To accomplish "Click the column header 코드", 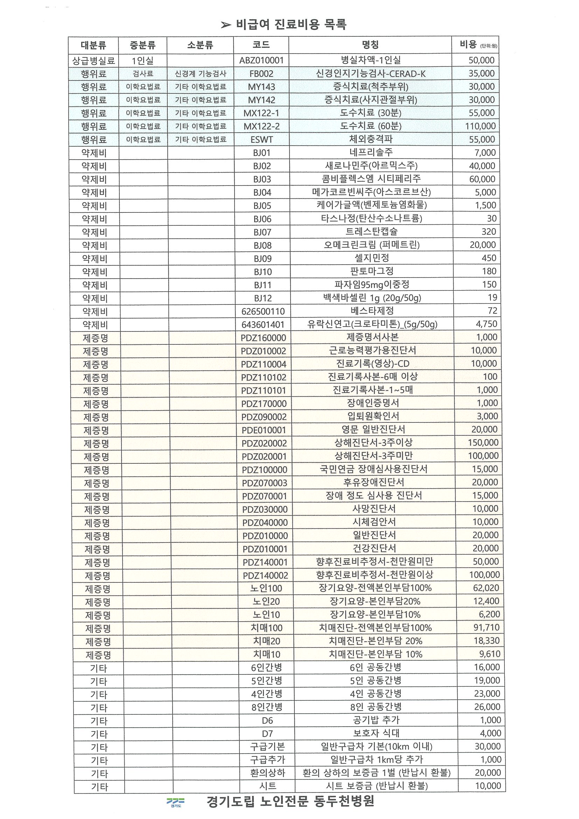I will [x=261, y=45].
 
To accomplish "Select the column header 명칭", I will [x=370, y=45].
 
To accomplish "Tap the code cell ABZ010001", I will [x=261, y=60].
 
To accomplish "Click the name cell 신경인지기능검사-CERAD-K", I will [x=371, y=74].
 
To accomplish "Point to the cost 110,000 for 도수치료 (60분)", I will [x=480, y=126].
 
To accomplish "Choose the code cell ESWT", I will [x=261, y=139].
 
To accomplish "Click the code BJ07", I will [x=263, y=232].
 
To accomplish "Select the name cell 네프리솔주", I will [x=371, y=153].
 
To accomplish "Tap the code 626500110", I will [x=263, y=311].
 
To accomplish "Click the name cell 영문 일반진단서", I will [x=373, y=429].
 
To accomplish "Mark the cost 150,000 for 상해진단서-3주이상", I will [x=483, y=443].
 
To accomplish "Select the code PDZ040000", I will [x=265, y=523].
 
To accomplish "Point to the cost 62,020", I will [x=486, y=588].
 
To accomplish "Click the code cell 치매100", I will [x=266, y=628].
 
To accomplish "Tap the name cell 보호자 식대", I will [x=376, y=733].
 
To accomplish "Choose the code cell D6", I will [x=267, y=720].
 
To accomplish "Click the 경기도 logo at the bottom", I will [x=175, y=802].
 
